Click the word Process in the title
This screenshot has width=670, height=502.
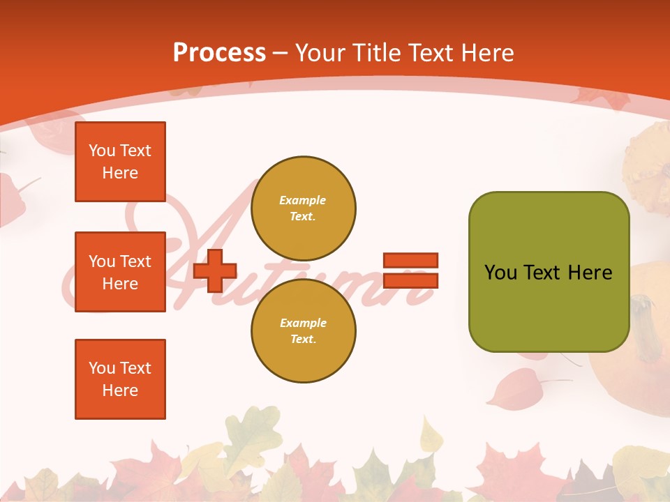219,53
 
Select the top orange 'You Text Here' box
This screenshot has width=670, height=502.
120,162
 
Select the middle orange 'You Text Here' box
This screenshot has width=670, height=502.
120,272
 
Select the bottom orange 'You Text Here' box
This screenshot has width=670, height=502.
120,379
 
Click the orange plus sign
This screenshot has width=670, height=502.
215,271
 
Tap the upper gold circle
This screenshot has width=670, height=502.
304,208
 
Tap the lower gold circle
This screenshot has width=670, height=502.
304,330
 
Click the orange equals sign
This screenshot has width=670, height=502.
410,271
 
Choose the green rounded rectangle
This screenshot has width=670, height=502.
549,272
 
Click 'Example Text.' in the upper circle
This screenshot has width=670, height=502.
303,208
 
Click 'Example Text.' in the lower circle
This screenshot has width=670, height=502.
303,330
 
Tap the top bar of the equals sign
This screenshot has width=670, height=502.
410,260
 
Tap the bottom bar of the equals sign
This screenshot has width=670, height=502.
410,280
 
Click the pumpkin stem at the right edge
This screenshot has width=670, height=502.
646,321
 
